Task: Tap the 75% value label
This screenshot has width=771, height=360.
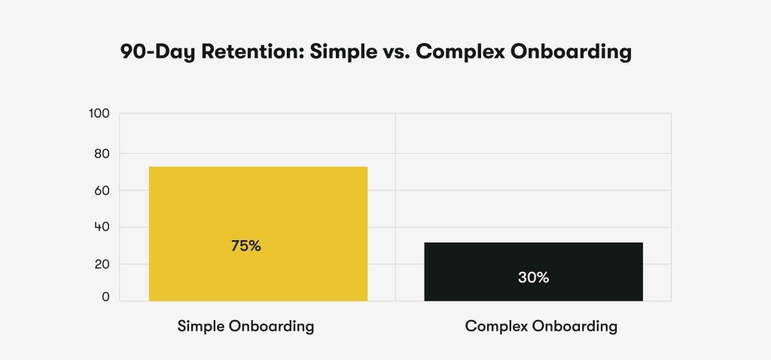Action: click(246, 246)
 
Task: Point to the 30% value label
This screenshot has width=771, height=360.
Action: click(533, 277)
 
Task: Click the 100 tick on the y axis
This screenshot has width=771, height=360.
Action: click(99, 114)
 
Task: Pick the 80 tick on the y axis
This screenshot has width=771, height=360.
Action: click(102, 154)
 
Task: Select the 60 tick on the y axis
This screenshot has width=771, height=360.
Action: click(102, 191)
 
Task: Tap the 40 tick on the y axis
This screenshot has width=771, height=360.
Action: click(102, 227)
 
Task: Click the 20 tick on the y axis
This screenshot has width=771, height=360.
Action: click(102, 264)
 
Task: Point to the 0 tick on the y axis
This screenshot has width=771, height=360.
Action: click(105, 297)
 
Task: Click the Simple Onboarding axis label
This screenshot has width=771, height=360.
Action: click(245, 327)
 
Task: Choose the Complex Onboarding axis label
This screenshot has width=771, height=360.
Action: click(541, 327)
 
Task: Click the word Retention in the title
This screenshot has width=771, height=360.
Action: click(245, 53)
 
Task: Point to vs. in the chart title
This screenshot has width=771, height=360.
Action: click(392, 53)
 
